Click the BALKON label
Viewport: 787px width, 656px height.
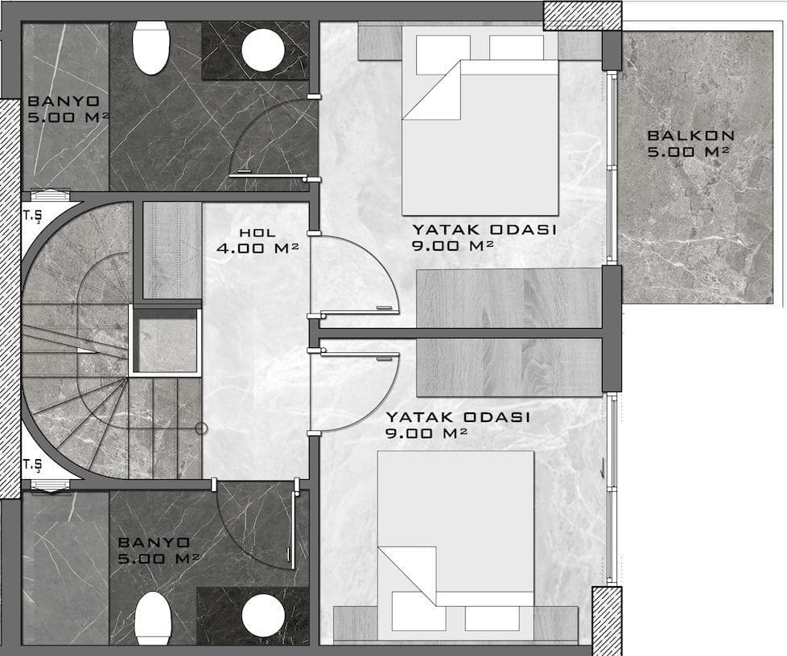pyautogui.click(x=690, y=135)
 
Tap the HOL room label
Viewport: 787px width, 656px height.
pyautogui.click(x=257, y=232)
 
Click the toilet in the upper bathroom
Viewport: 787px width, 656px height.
pyautogui.click(x=151, y=47)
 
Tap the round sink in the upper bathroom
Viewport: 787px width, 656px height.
pyautogui.click(x=263, y=51)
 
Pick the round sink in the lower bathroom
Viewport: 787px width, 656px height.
pyautogui.click(x=263, y=616)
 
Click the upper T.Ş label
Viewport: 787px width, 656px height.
pyautogui.click(x=32, y=216)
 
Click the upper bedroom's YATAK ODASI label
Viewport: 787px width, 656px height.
pyautogui.click(x=484, y=230)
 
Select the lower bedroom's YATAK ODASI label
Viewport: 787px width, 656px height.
pyautogui.click(x=458, y=417)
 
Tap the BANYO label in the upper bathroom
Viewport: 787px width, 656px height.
pyautogui.click(x=64, y=100)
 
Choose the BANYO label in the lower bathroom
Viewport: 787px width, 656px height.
pyautogui.click(x=154, y=542)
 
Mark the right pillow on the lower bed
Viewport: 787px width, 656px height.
pyautogui.click(x=492, y=618)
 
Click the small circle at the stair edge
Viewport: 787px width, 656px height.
pyautogui.click(x=201, y=428)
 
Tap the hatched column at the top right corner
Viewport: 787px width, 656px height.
pyautogui.click(x=583, y=14)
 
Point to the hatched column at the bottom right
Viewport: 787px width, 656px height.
pyautogui.click(x=607, y=621)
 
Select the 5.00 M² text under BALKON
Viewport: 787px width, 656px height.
pyautogui.click(x=688, y=151)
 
